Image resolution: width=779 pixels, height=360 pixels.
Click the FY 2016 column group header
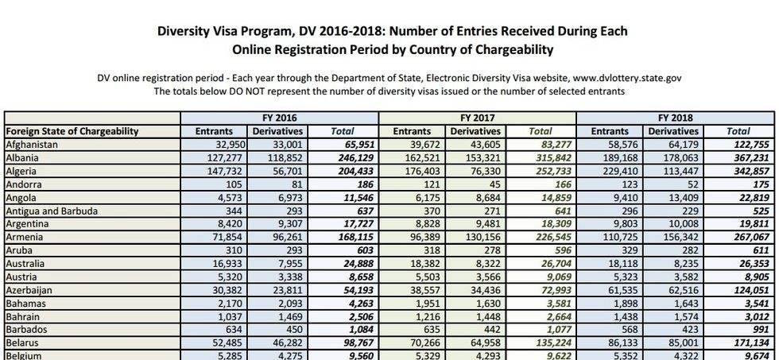280,117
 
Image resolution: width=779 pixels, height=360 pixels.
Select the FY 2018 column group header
676,117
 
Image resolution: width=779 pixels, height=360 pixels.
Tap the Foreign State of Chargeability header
72,130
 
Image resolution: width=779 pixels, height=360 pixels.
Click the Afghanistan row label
32,144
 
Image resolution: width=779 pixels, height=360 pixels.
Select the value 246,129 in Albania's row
355,157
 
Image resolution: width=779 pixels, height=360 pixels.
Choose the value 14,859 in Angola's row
552,198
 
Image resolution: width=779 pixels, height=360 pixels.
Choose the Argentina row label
28,224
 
